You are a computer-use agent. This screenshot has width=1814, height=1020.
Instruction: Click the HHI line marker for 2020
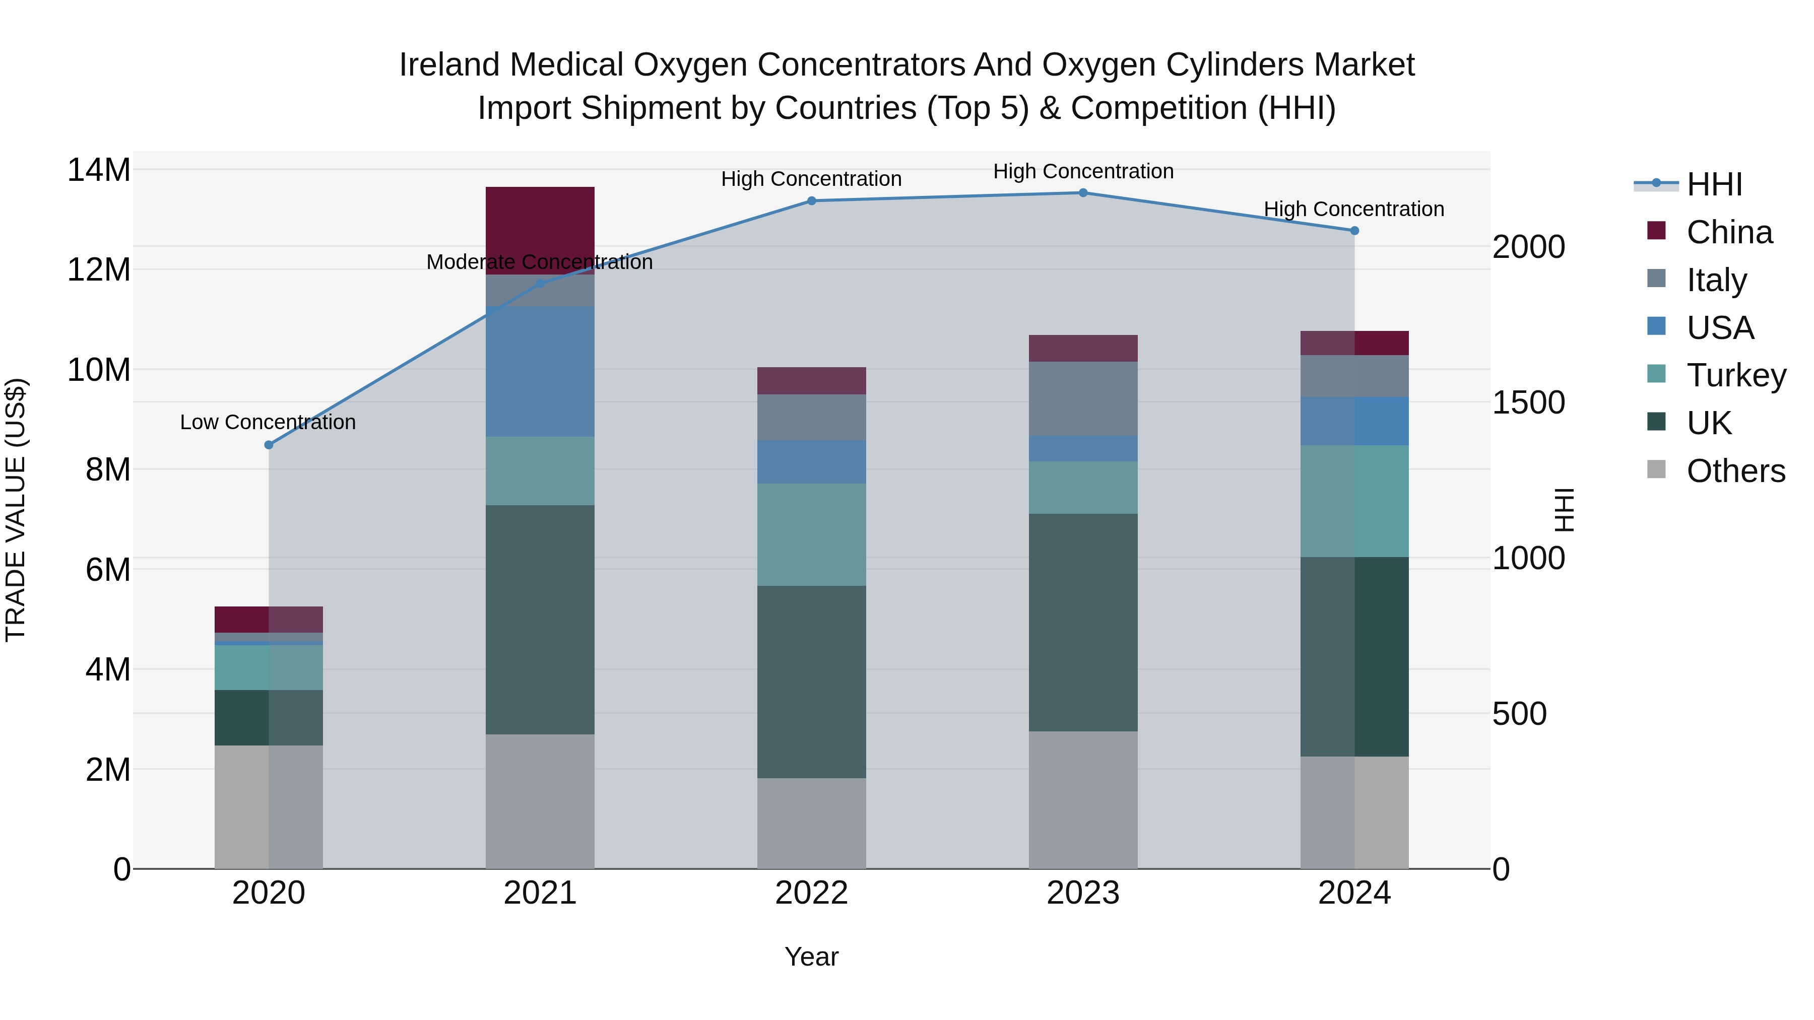point(268,445)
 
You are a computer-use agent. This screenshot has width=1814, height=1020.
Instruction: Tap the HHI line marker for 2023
point(1083,193)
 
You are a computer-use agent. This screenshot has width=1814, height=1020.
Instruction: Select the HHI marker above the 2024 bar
point(1354,231)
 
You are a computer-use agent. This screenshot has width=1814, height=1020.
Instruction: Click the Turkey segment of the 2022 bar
point(811,534)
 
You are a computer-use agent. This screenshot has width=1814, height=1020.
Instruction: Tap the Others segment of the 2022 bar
point(811,823)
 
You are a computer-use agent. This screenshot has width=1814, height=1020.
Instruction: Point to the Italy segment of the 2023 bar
point(1083,398)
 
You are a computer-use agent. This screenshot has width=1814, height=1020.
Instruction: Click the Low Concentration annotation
point(268,423)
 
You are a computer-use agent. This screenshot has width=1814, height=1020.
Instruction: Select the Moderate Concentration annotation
point(540,262)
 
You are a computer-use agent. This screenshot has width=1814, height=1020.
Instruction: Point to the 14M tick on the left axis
point(99,170)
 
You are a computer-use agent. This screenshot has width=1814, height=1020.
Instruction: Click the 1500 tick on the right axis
point(1528,402)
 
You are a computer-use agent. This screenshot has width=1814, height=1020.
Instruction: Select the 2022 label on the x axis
point(811,893)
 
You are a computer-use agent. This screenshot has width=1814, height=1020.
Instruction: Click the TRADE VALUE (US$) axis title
point(16,510)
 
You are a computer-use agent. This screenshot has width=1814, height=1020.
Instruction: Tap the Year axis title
point(811,957)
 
